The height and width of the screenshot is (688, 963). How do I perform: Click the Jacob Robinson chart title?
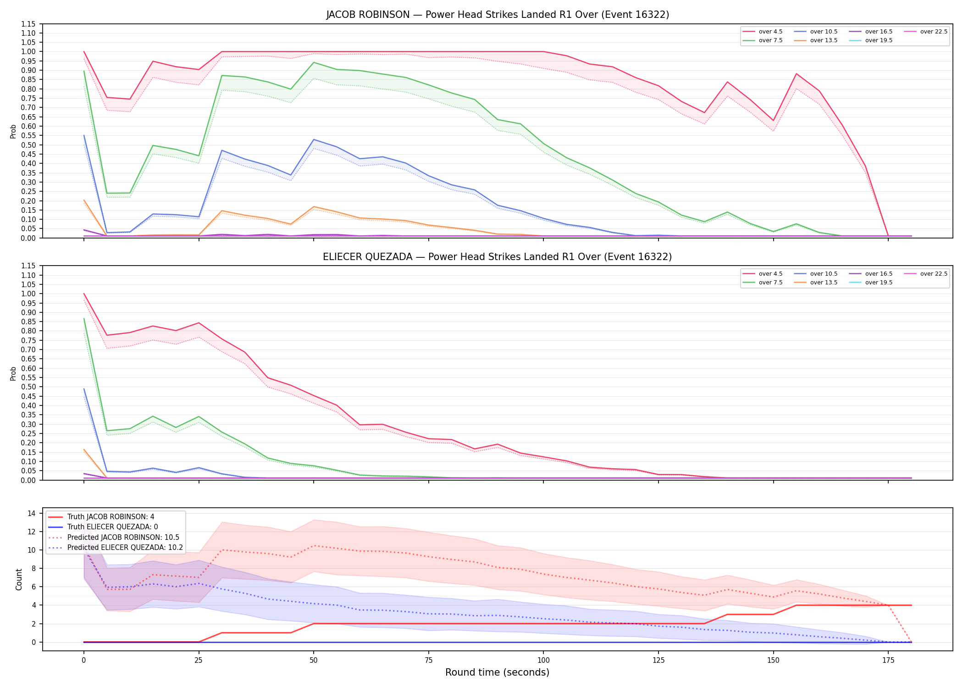coord(498,15)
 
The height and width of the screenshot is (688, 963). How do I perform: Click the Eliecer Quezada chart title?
coord(498,257)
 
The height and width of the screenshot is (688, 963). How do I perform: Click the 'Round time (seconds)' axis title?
coord(497,672)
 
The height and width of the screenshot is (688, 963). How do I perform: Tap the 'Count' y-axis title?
coord(19,579)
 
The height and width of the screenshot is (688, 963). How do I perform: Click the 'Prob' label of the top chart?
coord(13,131)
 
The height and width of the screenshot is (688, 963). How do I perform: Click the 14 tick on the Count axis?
coord(33,513)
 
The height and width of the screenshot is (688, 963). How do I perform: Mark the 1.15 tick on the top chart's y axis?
coord(28,24)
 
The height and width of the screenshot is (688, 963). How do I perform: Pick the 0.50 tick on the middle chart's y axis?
coord(28,387)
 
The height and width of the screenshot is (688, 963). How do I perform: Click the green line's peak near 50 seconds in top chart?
coord(314,62)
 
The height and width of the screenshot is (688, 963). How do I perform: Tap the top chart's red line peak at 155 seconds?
coord(797,74)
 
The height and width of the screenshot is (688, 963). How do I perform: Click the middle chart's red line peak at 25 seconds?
coord(199,323)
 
